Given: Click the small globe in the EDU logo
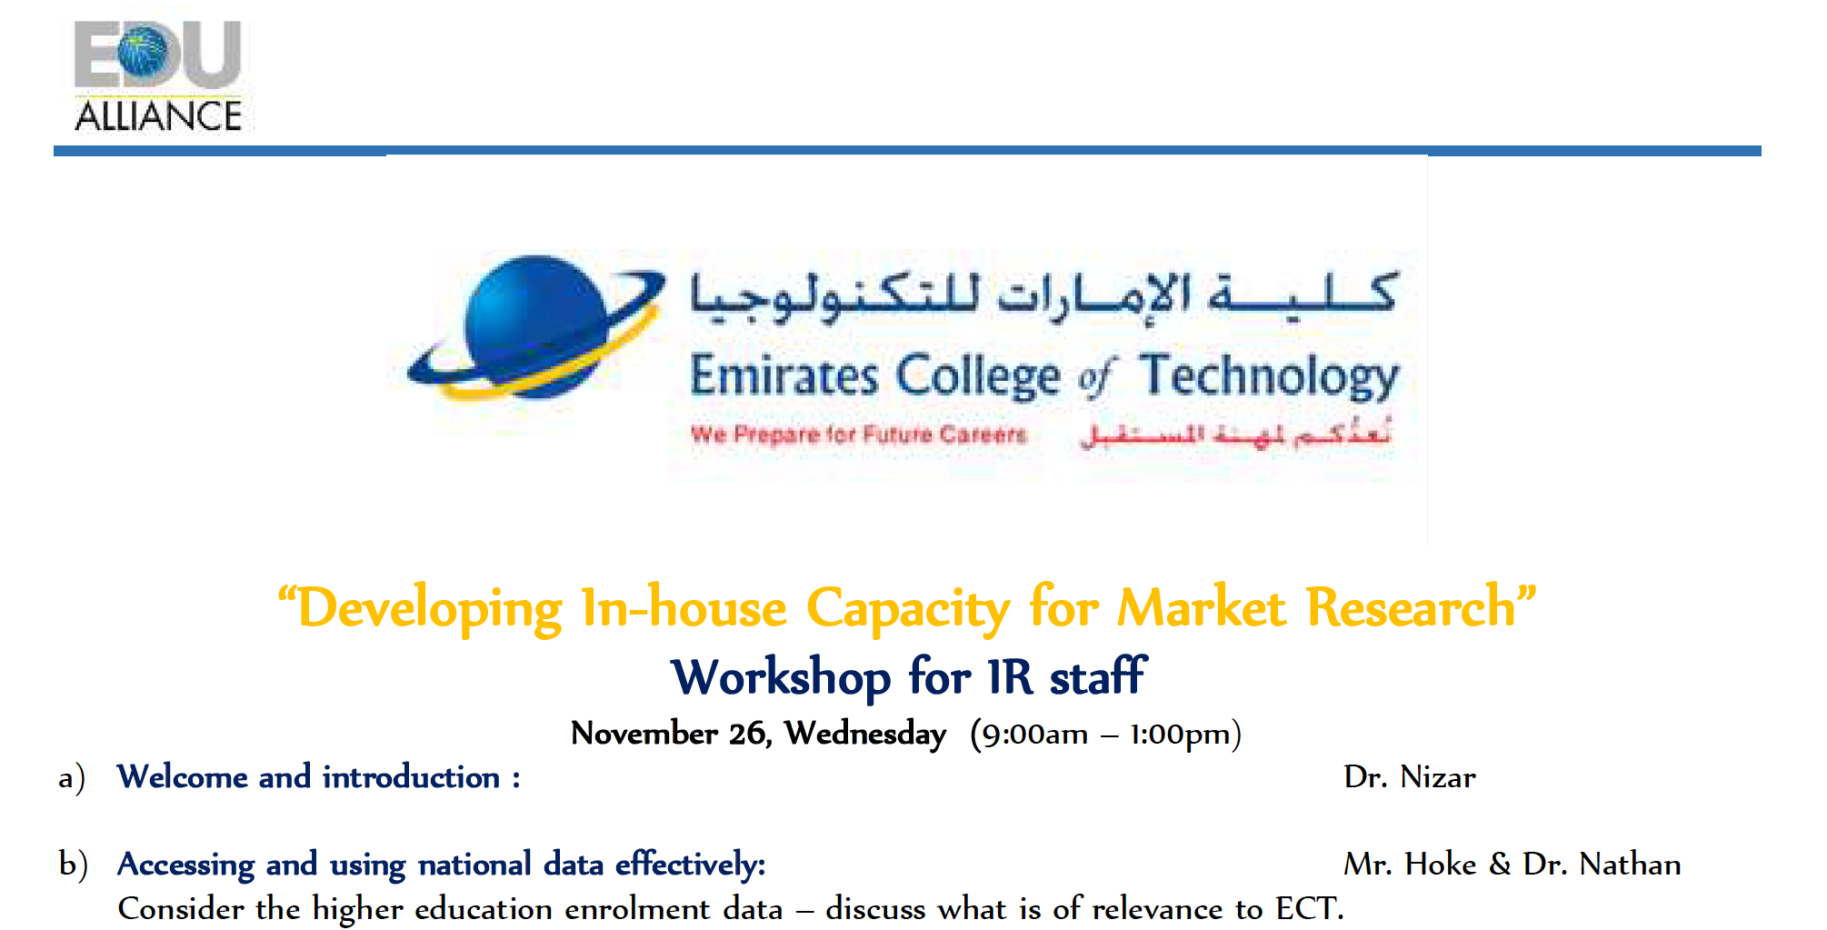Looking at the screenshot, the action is click(x=143, y=52).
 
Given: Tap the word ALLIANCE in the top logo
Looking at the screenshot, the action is click(x=158, y=116).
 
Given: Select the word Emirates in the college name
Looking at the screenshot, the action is click(x=784, y=376).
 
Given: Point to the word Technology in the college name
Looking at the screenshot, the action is click(x=1270, y=376).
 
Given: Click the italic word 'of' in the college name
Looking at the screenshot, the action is click(x=1096, y=378).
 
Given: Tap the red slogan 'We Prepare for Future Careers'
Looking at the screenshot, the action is click(x=858, y=435).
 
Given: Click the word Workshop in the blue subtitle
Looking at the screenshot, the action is click(x=781, y=678).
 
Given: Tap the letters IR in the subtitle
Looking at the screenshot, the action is click(x=1011, y=677).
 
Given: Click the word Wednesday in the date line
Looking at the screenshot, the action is click(x=865, y=734).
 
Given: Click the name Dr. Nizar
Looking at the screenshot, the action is click(x=1410, y=777).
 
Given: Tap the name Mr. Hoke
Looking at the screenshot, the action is click(x=1410, y=865).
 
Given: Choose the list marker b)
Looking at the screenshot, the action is click(x=74, y=865).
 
